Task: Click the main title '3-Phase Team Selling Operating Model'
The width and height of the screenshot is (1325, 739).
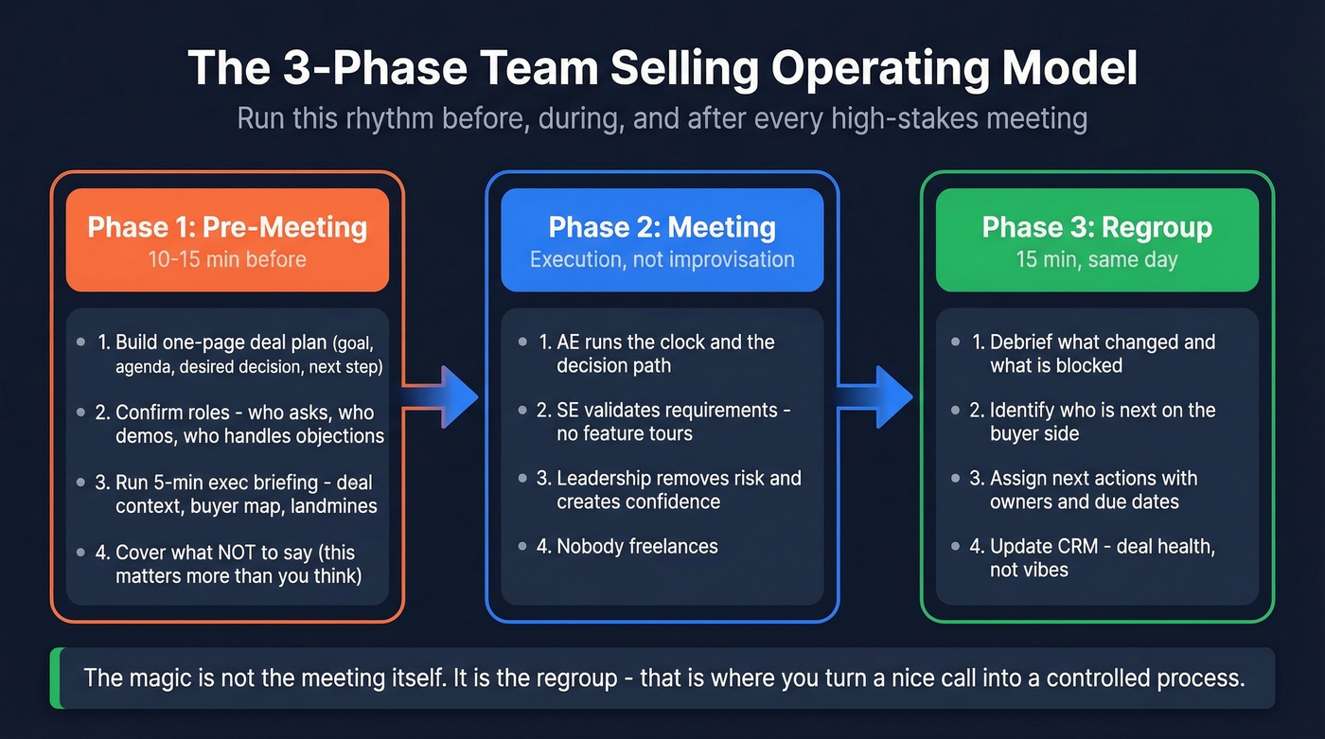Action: pos(662,70)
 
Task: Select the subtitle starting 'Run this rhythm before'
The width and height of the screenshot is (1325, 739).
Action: pos(662,119)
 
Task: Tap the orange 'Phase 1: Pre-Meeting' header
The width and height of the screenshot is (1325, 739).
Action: pos(227,227)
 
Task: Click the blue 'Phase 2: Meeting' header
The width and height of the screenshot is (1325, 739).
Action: pos(662,227)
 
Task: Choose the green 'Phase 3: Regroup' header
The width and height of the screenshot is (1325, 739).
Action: pos(1097,227)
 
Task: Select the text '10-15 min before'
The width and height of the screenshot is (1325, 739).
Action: pos(227,259)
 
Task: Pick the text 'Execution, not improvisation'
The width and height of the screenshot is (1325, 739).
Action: pos(662,259)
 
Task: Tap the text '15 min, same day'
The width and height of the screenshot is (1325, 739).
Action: pos(1097,259)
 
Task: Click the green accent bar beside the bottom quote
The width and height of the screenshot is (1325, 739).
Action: pos(55,677)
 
